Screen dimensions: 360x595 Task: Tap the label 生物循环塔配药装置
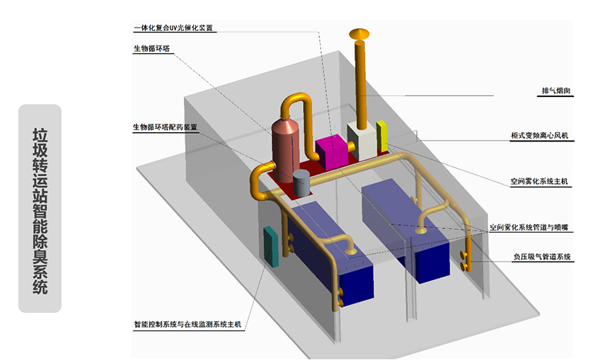point(165,127)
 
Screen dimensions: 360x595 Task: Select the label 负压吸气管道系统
point(542,257)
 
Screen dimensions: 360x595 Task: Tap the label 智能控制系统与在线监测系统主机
point(187,325)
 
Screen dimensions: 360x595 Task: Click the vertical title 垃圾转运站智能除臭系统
point(40,209)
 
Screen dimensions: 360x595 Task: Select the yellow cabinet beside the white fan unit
point(381,137)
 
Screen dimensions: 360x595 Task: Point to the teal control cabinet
point(271,246)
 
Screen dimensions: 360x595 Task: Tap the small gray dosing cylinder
point(301,182)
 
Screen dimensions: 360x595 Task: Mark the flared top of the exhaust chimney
point(359,34)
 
